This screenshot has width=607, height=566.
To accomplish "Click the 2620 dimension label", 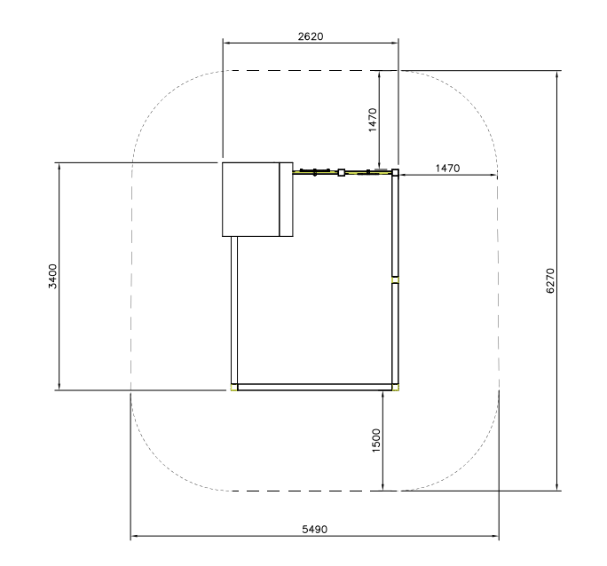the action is [x=311, y=36].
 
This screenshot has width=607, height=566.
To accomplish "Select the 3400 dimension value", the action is [x=52, y=276].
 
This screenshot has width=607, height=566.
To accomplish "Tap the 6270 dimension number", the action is [x=550, y=281].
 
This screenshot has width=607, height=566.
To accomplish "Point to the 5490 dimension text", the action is [x=314, y=530].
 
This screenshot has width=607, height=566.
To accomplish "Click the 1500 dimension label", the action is [x=376, y=440].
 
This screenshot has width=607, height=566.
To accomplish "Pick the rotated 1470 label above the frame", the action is [x=373, y=120].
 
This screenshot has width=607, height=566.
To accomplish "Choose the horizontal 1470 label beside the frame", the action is [x=447, y=169].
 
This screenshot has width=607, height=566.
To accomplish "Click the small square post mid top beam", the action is [x=341, y=172].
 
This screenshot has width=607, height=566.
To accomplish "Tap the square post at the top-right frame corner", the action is [x=395, y=172].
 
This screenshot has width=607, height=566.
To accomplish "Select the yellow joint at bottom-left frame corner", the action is [x=233, y=388].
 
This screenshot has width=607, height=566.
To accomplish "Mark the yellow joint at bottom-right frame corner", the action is [x=395, y=388].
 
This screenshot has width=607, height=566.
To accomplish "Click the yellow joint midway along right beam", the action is [x=395, y=280].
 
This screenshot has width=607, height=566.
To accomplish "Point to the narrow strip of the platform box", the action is [x=286, y=200].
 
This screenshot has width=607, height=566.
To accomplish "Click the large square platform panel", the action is [x=251, y=200].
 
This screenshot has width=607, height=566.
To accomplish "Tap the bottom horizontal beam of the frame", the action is [x=314, y=388].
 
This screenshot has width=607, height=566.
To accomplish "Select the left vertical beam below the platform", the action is [x=233, y=310].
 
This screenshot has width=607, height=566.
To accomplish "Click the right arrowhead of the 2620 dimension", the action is [x=395, y=43].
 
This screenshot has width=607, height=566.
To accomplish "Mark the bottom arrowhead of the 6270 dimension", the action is [x=556, y=487].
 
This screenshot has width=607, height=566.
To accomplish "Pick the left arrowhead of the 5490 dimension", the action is [x=134, y=536].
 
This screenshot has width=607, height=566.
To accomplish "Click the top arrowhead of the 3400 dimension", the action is [x=59, y=167].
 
